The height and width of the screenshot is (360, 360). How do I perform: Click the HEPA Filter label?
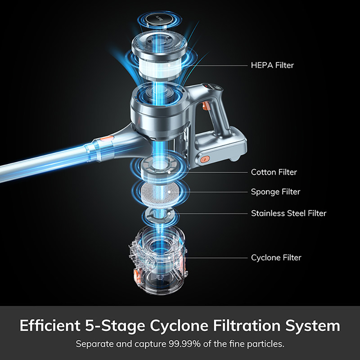click(272, 65)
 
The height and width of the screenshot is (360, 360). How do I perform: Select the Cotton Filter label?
click(274, 172)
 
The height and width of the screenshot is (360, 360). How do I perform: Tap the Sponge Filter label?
click(275, 192)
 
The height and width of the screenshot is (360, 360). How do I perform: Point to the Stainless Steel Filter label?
click(289, 213)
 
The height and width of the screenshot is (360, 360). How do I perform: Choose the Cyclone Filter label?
click(276, 258)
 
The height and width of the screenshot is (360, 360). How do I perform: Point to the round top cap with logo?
click(159, 19)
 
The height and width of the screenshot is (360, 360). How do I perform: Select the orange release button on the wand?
click(107, 139)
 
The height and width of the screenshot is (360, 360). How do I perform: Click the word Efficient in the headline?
click(50, 325)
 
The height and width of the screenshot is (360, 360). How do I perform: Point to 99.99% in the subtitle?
click(185, 344)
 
